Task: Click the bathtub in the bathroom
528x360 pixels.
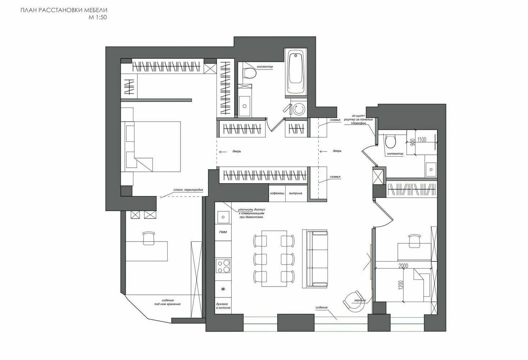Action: pos(296,73)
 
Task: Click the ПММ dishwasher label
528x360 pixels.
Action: pos(223,232)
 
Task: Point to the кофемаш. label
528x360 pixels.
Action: pos(277,193)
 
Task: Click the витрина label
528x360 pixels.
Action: pos(296,193)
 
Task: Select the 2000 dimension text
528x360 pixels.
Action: pos(403,266)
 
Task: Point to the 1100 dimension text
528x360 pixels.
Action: pos(422,140)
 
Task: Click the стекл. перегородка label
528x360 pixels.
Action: pos(188,190)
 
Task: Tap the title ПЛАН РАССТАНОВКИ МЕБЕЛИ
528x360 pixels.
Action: pos(64,10)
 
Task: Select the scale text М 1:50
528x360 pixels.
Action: pos(98,17)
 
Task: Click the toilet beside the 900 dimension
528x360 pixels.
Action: pos(390,141)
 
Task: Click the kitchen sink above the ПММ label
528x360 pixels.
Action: pos(223,217)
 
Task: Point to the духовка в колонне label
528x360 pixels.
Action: pos(223,306)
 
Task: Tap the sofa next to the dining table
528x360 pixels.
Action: pos(315,259)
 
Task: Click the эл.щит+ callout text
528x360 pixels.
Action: pos(359,116)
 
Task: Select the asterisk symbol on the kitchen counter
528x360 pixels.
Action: pos(223,289)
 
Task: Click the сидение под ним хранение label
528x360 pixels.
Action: pos(167,302)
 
